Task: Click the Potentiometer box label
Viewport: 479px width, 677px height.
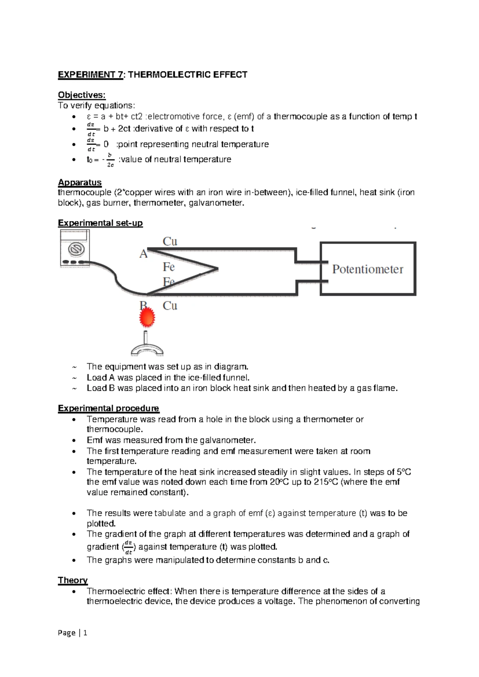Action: (x=368, y=269)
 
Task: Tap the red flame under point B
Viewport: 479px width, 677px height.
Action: (x=147, y=319)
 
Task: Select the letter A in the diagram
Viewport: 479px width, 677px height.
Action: (x=143, y=254)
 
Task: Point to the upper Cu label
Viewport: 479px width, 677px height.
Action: (x=170, y=241)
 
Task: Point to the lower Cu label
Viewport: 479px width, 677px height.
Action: (x=170, y=305)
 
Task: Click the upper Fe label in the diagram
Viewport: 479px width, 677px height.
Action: (x=169, y=267)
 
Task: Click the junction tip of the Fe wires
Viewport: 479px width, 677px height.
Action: (x=217, y=269)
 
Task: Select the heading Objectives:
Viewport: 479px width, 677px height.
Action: (x=82, y=95)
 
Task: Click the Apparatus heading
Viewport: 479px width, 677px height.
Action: (x=80, y=182)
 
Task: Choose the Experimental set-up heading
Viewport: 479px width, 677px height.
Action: (x=100, y=223)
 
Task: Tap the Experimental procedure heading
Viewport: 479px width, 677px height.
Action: (x=109, y=408)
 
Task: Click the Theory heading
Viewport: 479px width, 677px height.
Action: (x=73, y=580)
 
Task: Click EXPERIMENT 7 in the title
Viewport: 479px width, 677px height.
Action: (x=91, y=75)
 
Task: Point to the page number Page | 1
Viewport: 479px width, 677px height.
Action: (x=73, y=632)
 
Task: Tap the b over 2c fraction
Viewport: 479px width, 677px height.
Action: (x=110, y=160)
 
